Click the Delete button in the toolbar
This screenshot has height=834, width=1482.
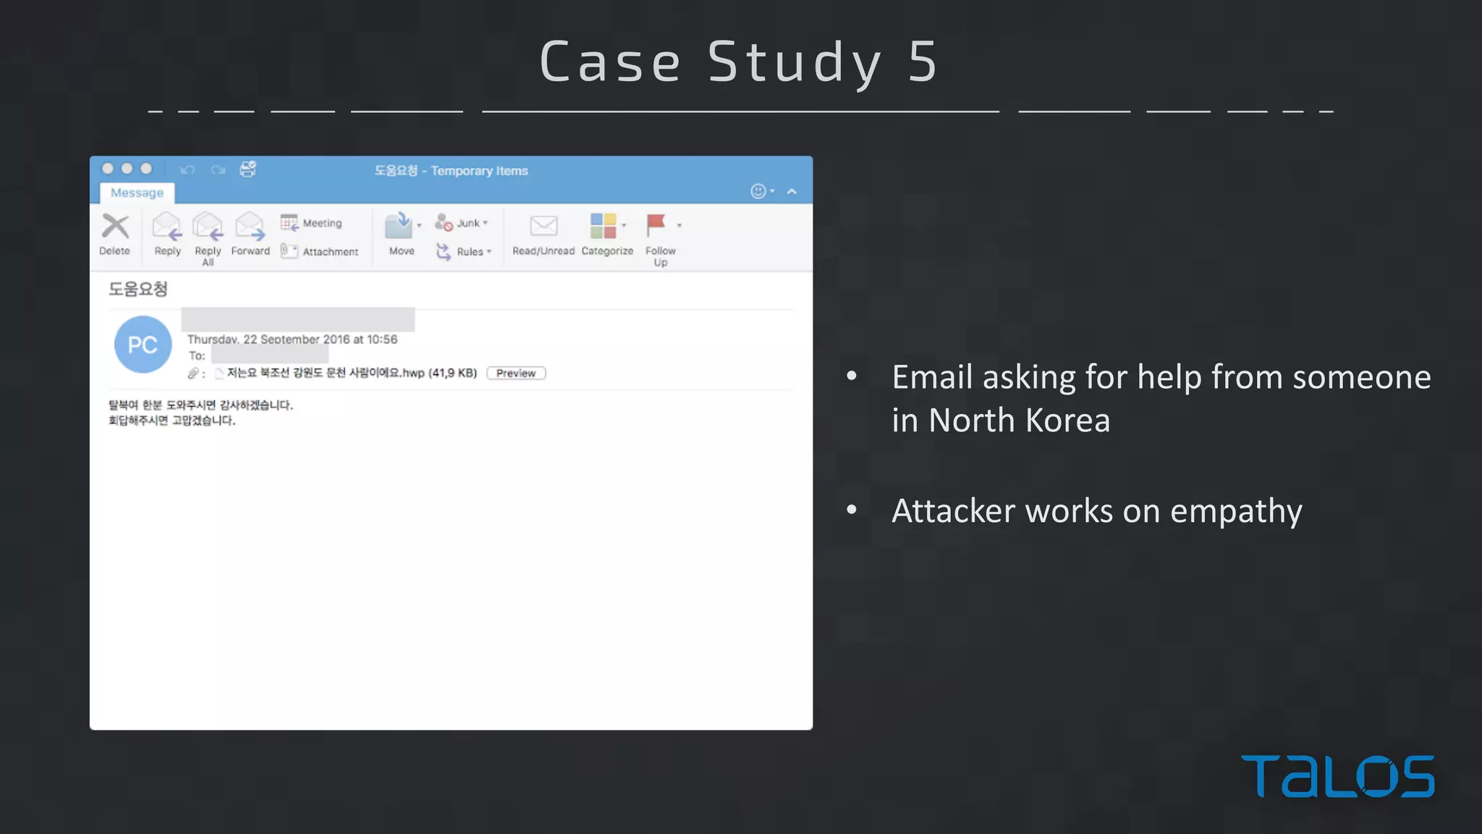coord(115,233)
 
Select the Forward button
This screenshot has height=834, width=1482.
coord(250,233)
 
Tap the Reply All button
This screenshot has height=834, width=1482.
coord(208,237)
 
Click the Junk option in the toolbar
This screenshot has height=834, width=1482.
coord(462,223)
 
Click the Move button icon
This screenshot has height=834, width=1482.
coord(399,226)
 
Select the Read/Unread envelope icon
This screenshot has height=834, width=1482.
coord(543,226)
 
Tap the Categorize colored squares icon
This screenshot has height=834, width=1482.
coord(604,226)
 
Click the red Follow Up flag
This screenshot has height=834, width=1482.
coord(656,225)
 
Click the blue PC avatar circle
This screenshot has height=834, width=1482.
coord(143,345)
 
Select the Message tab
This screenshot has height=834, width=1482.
coord(137,193)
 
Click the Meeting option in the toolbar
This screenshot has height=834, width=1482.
coord(313,223)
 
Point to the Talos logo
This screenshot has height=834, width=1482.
coord(1337,776)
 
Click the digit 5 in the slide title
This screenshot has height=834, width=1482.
coord(923,62)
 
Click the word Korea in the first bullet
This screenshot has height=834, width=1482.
coord(1067,421)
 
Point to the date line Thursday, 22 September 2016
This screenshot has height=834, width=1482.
coord(292,339)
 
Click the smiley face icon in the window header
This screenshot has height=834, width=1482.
coord(758,191)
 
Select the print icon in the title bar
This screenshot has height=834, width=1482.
coord(248,169)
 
